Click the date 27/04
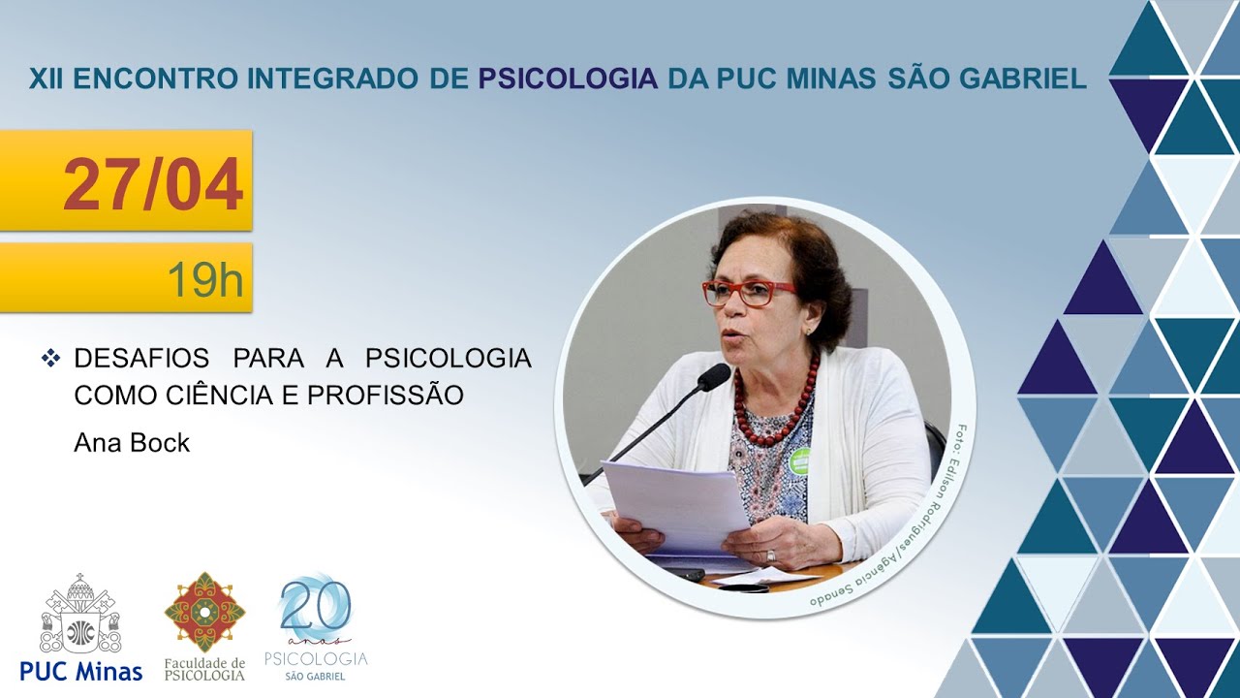pos(153,184)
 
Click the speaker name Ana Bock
pos(132,443)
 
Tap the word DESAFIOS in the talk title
pos(141,359)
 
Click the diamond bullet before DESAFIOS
pos(51,359)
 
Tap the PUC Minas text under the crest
pos(80,670)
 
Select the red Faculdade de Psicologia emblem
pos(204,611)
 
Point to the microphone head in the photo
pos(714,376)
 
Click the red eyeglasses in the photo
pos(747,292)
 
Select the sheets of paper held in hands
pos(676,506)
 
